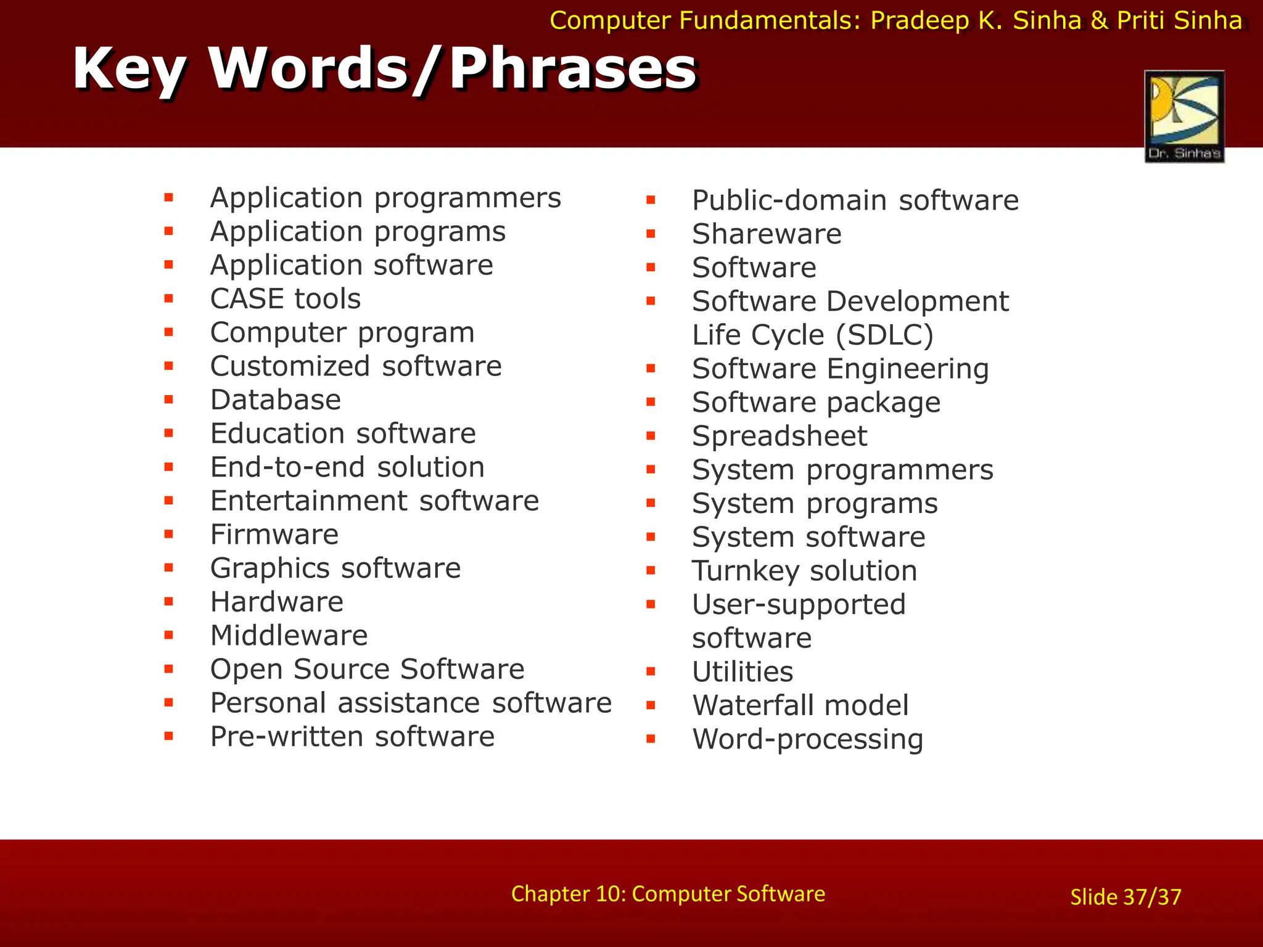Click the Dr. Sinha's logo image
point(1184,116)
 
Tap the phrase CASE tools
point(285,299)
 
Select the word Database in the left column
point(275,400)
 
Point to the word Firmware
point(274,535)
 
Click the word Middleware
point(289,636)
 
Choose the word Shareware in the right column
point(766,234)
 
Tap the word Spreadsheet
point(779,437)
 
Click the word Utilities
point(742,672)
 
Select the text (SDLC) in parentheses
point(884,335)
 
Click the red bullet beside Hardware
point(168,602)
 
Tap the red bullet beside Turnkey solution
point(651,571)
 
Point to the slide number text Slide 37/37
point(1125,897)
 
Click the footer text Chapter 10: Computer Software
point(668,894)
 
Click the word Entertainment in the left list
point(308,501)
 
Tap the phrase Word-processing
point(807,739)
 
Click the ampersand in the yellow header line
point(1099,21)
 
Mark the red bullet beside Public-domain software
point(651,200)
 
